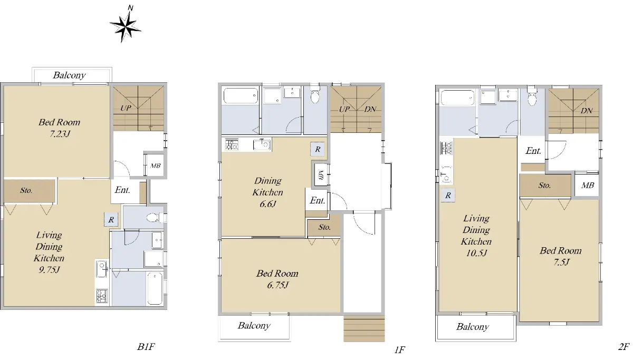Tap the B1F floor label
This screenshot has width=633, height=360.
pos(146,347)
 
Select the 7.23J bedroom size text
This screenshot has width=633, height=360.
pos(60,133)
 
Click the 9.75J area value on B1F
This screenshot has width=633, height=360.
pos(49,270)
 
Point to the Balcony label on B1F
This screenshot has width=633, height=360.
pos(69,75)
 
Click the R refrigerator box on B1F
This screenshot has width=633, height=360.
pos(111,220)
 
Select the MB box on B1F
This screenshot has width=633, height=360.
pos(155,166)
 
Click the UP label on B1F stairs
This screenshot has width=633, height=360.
pos(126,108)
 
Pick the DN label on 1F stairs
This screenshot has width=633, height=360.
pos(370,109)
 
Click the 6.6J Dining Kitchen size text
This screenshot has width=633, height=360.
pos(267,203)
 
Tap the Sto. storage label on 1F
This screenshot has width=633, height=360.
pos(324,227)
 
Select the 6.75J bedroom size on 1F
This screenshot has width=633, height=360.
pos(278,285)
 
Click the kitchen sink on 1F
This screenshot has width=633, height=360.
pos(262,144)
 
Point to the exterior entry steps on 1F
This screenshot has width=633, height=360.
pos(364,330)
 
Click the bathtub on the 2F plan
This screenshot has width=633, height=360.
pos(457,98)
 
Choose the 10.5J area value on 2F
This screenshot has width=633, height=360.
pos(476,253)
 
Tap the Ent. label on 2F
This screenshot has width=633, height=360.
pos(533,151)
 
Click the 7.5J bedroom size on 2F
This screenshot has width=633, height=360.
pos(561,262)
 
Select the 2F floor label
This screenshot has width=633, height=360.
pos(624,347)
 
